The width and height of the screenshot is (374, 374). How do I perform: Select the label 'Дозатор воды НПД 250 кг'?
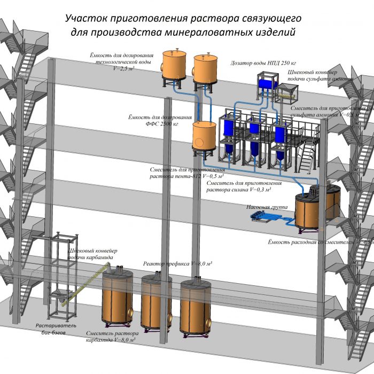tap(263, 63)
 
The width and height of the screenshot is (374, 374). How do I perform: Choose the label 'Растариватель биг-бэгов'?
tap(57, 329)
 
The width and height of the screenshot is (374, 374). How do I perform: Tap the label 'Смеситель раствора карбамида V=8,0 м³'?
tap(111, 337)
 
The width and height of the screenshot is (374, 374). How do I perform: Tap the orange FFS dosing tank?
tap(204, 136)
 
